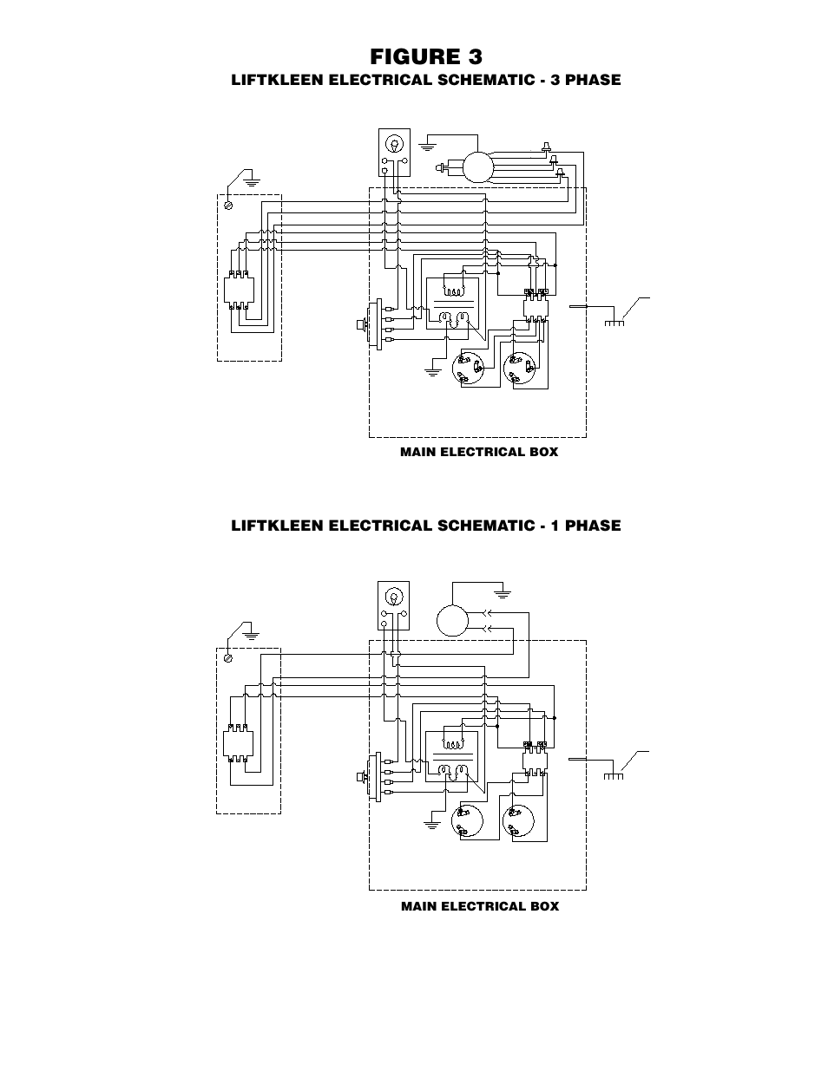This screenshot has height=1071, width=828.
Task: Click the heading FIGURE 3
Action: pos(426,56)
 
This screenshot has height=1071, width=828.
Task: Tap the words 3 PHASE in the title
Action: pos(585,80)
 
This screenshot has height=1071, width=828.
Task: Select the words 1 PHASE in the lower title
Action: pos(586,526)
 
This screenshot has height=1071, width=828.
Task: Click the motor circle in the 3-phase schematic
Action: pos(478,167)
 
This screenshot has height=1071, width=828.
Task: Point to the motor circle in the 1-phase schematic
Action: pos(452,621)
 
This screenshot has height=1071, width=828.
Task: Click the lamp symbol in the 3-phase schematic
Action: pos(395,145)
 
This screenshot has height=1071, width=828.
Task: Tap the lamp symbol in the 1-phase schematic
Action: pos(393,597)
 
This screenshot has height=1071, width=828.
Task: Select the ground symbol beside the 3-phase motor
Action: pos(427,147)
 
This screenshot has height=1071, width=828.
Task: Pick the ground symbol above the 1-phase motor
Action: pos(503,594)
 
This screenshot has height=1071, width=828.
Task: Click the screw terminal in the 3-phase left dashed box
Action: pos(228,206)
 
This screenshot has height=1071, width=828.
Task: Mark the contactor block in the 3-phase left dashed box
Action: pos(239,291)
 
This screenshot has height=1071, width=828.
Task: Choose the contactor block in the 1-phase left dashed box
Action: pos(238,743)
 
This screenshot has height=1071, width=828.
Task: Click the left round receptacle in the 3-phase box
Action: pos(468,369)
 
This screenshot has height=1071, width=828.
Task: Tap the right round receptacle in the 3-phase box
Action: pos(519,369)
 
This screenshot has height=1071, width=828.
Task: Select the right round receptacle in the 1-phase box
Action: pos(518,820)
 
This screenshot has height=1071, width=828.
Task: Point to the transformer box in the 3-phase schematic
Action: pos(456,304)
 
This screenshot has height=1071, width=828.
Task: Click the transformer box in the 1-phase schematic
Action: pos(455,757)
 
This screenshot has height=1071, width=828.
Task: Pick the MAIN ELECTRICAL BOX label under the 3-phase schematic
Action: pos(479,452)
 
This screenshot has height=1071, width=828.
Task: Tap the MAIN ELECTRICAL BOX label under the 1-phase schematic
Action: pos(480,906)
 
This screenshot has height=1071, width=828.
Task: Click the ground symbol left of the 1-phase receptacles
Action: pos(432,825)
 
